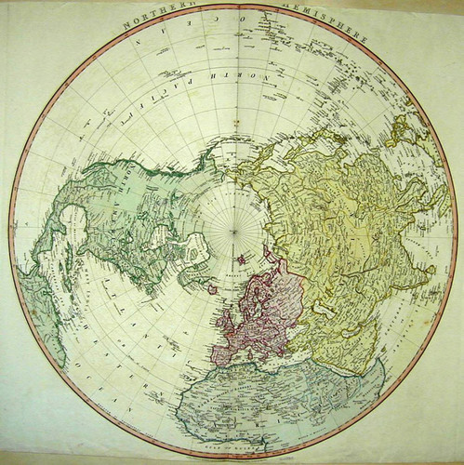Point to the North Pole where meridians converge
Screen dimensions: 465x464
click(x=232, y=232)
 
